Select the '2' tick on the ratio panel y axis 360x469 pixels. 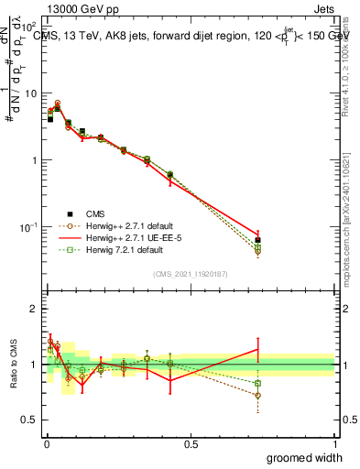pos(33,309)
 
